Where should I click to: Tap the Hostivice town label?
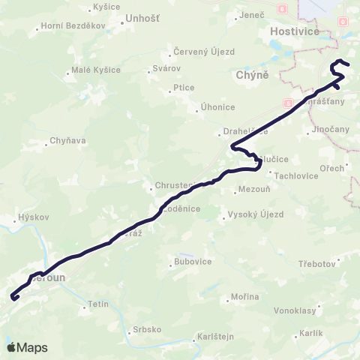click(294, 31)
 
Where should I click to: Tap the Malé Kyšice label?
click(95, 70)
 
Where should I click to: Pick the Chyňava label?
click(67, 139)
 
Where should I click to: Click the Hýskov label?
click(32, 218)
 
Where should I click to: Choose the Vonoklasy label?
click(298, 309)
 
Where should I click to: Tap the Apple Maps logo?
click(27, 347)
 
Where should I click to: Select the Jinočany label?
click(330, 129)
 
